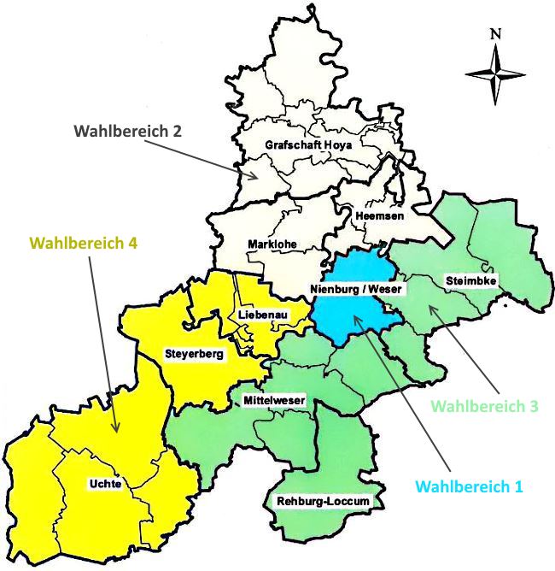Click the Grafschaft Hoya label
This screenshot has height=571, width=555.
point(308,144)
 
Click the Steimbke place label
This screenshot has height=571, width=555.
point(470,280)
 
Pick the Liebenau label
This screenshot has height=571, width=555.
point(262,315)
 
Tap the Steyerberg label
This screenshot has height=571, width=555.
point(194,352)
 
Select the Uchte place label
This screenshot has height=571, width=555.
point(105,484)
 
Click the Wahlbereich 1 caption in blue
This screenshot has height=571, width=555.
point(469,486)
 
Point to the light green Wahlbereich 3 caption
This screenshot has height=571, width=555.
point(484,407)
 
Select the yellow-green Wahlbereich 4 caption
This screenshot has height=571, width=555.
point(84,242)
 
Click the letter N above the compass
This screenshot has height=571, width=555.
point(495,34)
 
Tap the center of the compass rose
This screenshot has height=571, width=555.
point(495,74)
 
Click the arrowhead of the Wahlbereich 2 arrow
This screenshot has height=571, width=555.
point(257,177)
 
